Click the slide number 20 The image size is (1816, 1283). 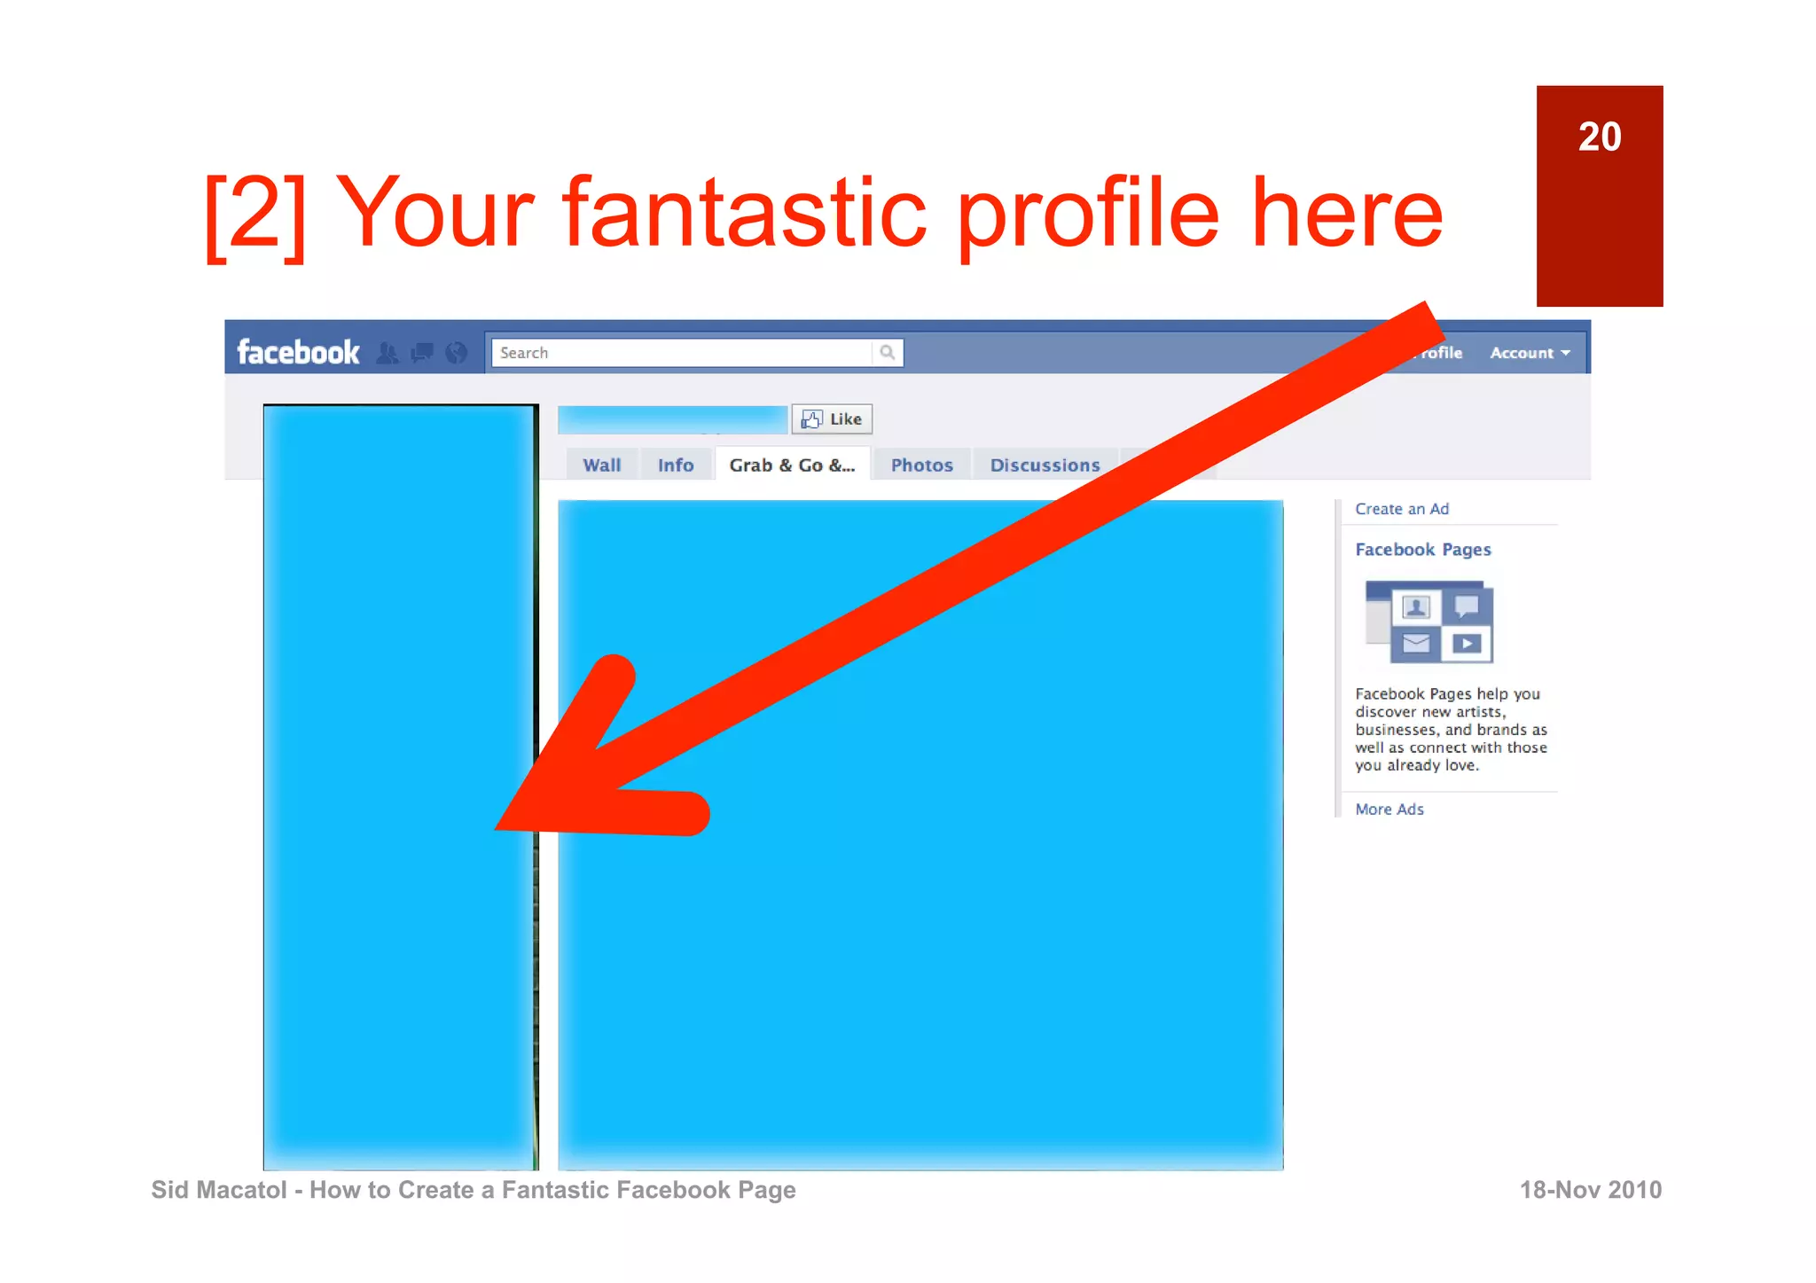pyautogui.click(x=1599, y=137)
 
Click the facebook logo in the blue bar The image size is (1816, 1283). pyautogui.click(x=298, y=353)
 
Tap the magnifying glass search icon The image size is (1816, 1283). pyautogui.click(x=887, y=353)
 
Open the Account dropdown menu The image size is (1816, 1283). pyautogui.click(x=1530, y=353)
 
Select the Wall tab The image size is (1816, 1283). pyautogui.click(x=601, y=465)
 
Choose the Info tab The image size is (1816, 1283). pyautogui.click(x=675, y=465)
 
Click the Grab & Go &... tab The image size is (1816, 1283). pyautogui.click(x=792, y=465)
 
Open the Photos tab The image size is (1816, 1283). pyautogui.click(x=921, y=465)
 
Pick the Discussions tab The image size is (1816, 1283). pyautogui.click(x=1045, y=465)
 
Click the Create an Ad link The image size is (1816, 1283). pyautogui.click(x=1401, y=509)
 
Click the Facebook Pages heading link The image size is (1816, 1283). pyautogui.click(x=1422, y=550)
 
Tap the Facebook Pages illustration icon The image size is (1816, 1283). pyautogui.click(x=1429, y=622)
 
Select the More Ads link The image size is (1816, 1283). pyautogui.click(x=1389, y=810)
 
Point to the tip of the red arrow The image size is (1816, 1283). pyautogui.click(x=498, y=828)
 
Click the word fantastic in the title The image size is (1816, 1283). pyautogui.click(x=745, y=215)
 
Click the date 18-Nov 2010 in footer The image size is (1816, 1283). pyautogui.click(x=1590, y=1190)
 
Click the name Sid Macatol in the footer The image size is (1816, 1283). pyautogui.click(x=218, y=1190)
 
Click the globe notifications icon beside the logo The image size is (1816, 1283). pyautogui.click(x=456, y=353)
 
